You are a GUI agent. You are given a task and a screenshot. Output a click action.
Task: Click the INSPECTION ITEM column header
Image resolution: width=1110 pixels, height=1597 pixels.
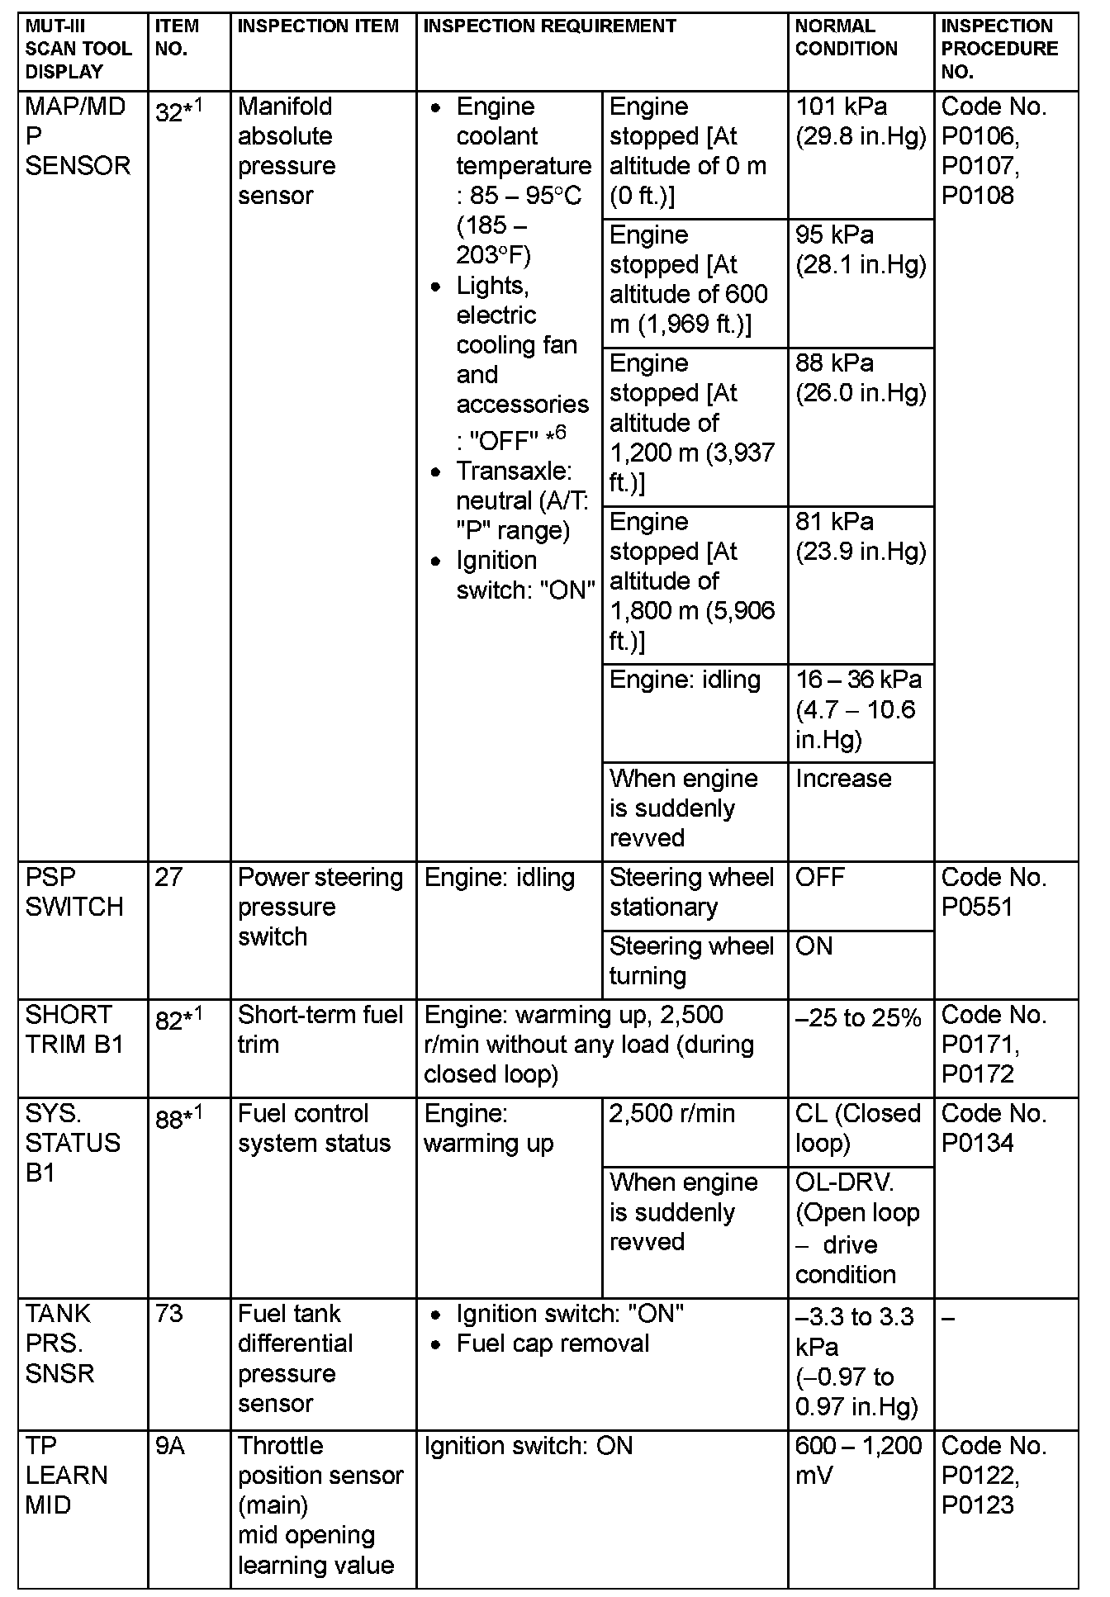coord(318,26)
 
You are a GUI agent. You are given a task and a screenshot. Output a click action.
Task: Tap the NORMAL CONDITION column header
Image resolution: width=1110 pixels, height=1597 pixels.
coord(846,37)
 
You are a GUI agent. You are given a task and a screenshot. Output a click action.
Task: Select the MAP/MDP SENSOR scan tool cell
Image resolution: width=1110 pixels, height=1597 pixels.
coord(78,136)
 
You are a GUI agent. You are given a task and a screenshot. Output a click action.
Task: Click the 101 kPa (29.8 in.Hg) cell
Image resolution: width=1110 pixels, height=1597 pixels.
coord(860,121)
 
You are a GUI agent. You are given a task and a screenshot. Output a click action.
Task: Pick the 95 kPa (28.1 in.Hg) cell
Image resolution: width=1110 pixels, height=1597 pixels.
coord(860,249)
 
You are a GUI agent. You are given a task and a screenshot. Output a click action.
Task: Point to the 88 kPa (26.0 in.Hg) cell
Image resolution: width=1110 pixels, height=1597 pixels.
coord(860,378)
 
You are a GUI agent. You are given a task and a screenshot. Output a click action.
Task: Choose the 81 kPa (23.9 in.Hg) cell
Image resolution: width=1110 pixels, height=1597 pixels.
coord(860,537)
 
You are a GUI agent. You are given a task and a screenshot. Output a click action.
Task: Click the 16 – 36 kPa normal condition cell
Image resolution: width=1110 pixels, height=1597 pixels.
coord(858,709)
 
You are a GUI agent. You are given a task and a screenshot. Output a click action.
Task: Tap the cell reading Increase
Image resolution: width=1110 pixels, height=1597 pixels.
coord(843,779)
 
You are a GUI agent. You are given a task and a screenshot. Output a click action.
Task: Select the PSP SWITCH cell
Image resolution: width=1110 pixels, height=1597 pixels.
coord(74,892)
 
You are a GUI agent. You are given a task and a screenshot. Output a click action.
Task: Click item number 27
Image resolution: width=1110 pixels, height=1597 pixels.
coord(168,877)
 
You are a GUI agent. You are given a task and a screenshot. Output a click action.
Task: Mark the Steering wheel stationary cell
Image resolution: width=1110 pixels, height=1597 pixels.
coord(691,892)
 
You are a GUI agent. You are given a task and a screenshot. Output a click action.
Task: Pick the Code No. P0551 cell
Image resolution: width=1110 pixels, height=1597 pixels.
coord(994,892)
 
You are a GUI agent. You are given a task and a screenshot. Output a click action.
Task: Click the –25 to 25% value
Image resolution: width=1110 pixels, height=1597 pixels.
coord(857,1018)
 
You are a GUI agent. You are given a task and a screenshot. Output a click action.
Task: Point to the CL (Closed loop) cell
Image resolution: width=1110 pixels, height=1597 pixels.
coord(857,1128)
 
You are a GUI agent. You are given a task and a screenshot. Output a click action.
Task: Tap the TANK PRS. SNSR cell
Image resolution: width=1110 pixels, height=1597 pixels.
coord(59,1343)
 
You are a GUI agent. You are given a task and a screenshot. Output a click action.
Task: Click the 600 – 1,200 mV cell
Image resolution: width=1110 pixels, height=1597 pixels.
coord(858,1460)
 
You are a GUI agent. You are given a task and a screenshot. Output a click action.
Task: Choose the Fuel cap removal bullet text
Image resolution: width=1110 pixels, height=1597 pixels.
coord(553,1343)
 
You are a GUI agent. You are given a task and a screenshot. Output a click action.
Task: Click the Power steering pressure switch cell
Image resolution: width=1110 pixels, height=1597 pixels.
coord(320,907)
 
